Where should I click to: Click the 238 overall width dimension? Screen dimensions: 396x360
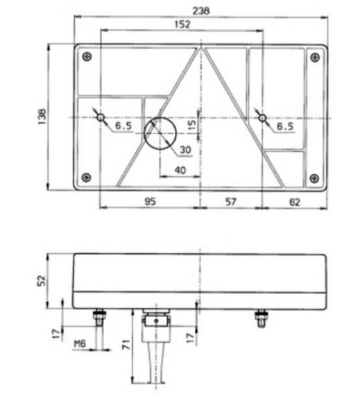202,10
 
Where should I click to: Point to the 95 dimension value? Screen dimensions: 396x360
149,201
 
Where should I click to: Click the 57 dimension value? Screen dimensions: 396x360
231,201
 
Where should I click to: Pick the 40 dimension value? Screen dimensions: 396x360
180,170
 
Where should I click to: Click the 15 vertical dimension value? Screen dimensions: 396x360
192,127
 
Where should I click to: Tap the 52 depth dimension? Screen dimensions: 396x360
41,279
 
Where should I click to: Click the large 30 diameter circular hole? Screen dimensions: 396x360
160,132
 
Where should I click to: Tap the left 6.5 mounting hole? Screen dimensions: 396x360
101,118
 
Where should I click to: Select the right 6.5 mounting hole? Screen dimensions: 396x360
262,118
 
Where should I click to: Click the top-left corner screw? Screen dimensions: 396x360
85,57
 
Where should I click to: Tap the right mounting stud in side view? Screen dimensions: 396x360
262,320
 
